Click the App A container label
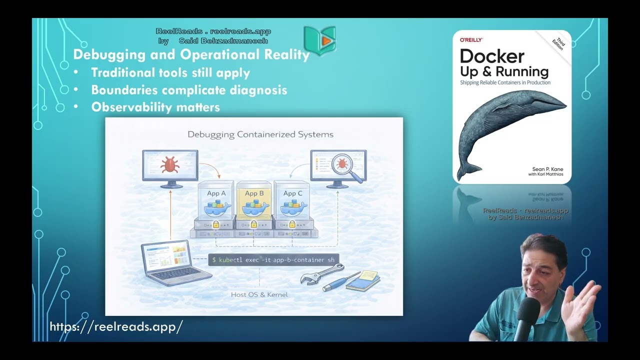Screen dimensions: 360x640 click(x=216, y=193)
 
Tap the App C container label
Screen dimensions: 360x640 click(x=292, y=193)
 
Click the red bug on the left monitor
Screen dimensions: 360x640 click(x=170, y=163)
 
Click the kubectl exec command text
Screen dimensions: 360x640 click(x=273, y=260)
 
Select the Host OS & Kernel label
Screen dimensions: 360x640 click(x=259, y=294)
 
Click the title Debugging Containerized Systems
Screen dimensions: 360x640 click(x=260, y=134)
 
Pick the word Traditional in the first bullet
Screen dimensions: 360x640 click(x=122, y=73)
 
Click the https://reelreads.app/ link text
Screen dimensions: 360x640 click(x=116, y=327)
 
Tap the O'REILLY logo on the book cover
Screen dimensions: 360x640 click(x=471, y=39)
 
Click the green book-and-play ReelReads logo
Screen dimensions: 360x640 click(x=319, y=39)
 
